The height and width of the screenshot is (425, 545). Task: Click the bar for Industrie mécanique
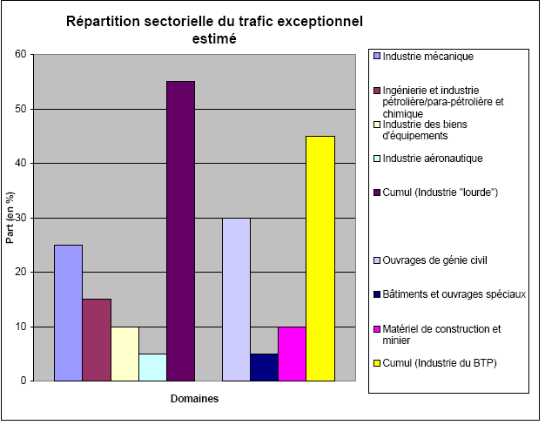(x=68, y=313)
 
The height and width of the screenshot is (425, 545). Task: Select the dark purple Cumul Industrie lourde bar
(x=180, y=231)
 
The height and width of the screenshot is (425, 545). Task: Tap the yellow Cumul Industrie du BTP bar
(x=320, y=258)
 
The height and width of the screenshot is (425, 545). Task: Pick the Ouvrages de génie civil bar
(x=236, y=299)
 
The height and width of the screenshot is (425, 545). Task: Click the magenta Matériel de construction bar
(x=292, y=354)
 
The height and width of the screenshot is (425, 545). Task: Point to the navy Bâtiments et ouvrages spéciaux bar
(x=264, y=367)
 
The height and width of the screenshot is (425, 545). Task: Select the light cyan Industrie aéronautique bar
(x=152, y=367)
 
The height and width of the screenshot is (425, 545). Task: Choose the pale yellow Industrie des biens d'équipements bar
(x=124, y=354)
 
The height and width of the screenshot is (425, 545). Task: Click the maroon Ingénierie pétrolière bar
(x=97, y=340)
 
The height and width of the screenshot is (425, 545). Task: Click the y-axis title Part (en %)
(x=10, y=218)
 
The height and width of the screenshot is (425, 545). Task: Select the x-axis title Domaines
(x=194, y=399)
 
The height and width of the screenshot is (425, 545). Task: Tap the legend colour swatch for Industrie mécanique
(x=376, y=57)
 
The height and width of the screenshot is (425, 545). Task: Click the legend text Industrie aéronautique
(x=433, y=158)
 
